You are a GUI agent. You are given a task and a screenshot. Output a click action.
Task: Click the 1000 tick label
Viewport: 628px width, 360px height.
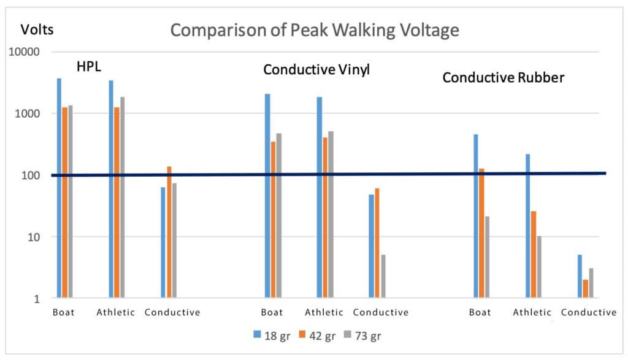[x=29, y=114]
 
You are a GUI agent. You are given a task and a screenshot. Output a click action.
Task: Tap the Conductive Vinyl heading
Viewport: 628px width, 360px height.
[x=316, y=70]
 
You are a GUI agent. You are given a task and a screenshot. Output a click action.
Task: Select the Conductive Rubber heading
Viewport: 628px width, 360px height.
[x=504, y=78]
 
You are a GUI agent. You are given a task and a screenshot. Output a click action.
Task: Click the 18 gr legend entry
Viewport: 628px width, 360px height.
[x=270, y=335]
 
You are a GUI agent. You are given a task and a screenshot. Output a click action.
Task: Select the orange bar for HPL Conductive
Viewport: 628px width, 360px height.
[x=169, y=232]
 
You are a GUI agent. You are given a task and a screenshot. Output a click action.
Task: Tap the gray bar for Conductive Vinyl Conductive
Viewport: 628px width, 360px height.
[x=383, y=277]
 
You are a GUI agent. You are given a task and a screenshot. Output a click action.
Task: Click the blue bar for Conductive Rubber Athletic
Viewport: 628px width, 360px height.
[x=528, y=226]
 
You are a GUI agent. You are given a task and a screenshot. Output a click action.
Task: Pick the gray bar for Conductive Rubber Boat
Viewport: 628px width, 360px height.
[x=488, y=257]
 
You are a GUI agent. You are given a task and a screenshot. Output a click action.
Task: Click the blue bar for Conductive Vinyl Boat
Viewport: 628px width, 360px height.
[x=267, y=196]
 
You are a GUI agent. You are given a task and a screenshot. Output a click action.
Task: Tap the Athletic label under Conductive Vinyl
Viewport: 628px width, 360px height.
[x=323, y=312]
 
